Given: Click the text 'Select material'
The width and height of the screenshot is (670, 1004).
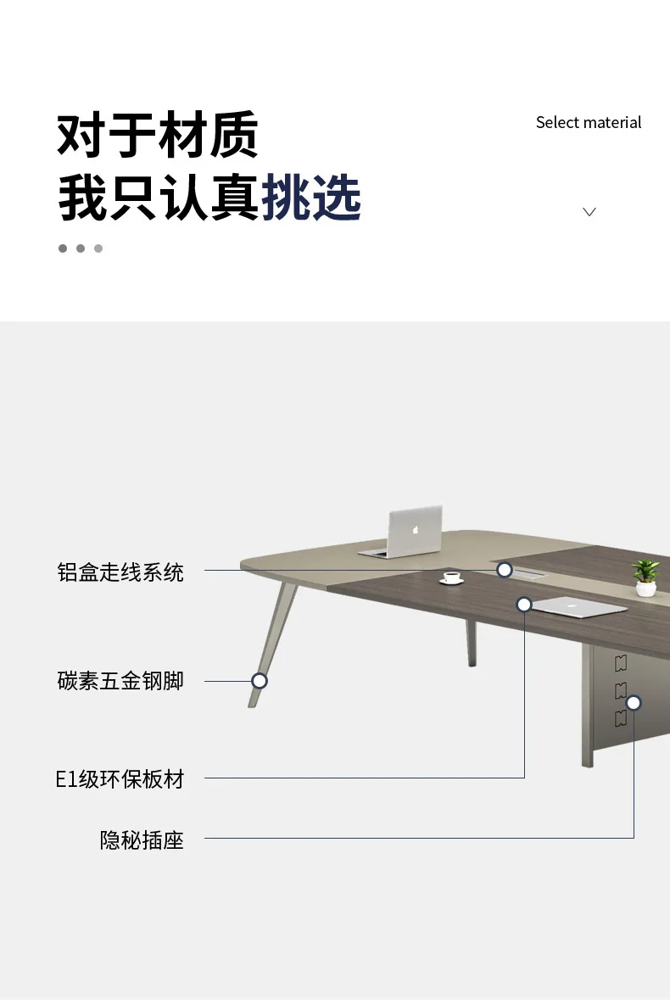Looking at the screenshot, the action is (x=589, y=123).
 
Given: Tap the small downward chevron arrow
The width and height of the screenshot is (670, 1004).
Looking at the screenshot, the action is (x=589, y=212).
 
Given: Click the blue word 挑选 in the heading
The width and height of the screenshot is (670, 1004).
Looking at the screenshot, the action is (x=311, y=198).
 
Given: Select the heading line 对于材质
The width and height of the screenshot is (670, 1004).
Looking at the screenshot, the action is (x=158, y=135).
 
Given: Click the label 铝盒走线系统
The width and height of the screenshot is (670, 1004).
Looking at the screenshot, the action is (x=120, y=572).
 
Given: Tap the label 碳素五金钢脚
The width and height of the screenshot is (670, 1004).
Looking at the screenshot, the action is (x=120, y=681).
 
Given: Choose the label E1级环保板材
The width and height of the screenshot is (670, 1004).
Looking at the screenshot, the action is (x=120, y=778).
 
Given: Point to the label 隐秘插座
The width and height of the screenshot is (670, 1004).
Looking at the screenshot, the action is (x=142, y=840).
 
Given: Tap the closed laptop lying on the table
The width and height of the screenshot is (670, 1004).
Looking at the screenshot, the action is (x=578, y=606).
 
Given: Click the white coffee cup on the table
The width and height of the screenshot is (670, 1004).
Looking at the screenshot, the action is (x=451, y=578).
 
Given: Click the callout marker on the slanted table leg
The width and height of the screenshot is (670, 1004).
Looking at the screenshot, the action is (x=260, y=681).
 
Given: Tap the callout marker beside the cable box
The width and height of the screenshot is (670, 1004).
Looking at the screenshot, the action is (x=505, y=570).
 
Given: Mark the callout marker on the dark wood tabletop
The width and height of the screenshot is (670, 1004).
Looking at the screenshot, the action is (x=524, y=605).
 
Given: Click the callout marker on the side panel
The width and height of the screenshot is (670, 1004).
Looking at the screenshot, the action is (x=634, y=703).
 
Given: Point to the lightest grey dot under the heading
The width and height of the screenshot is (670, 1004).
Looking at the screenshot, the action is (x=98, y=248).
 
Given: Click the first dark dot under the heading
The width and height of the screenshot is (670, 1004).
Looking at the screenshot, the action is (x=63, y=248).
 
